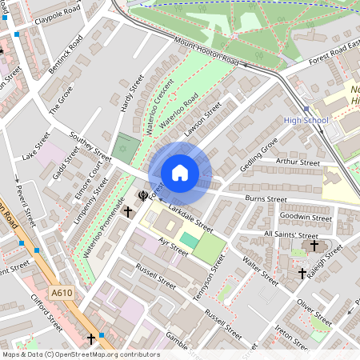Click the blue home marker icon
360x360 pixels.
pyautogui.click(x=180, y=173)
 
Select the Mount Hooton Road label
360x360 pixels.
pyautogui.click(x=207, y=51)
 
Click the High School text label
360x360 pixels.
pyautogui.click(x=306, y=121)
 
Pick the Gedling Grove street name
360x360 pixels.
pyautogui.click(x=258, y=153)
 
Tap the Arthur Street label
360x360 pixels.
pyautogui.click(x=297, y=162)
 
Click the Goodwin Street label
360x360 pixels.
pyautogui.click(x=306, y=217)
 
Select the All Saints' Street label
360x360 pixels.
pyautogui.click(x=290, y=235)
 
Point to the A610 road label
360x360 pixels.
pyautogui.click(x=60, y=294)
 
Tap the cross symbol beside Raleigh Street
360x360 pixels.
pyautogui.click(x=302, y=273)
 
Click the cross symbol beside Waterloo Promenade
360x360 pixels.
pyautogui.click(x=127, y=211)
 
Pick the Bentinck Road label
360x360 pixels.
pyautogui.click(x=65, y=55)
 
